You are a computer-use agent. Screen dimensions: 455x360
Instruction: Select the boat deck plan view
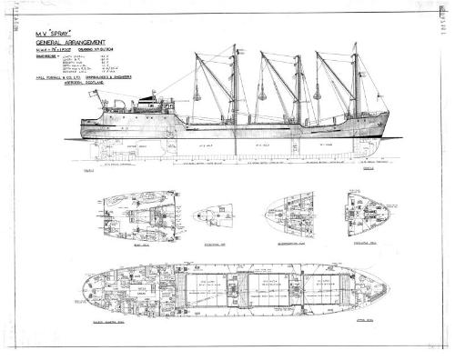137,211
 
